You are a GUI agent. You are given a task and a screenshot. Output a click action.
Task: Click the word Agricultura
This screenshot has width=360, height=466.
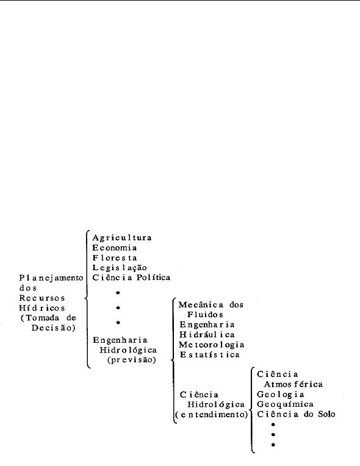pos(122,238)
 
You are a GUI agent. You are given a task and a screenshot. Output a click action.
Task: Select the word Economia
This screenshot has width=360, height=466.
pos(115,248)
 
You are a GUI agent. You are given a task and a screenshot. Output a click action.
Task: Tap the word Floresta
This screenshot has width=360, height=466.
pos(115,257)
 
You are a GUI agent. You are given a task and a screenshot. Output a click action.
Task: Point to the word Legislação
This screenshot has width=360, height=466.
pos(120,268)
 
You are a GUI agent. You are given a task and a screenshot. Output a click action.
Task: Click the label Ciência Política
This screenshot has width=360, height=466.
pos(131,278)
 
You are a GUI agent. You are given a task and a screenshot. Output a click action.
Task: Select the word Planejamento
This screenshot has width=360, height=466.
pos(51,278)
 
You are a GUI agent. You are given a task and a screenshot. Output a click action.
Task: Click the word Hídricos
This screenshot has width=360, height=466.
pos(42,307)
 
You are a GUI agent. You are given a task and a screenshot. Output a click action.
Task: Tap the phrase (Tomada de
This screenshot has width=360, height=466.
pos(48,318)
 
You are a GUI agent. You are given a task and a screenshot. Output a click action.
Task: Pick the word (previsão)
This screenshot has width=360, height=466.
pos(131,360)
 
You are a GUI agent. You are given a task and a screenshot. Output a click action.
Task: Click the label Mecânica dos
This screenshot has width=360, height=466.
pos(211,304)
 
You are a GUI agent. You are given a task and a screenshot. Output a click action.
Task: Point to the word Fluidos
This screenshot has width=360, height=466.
pos(205,315)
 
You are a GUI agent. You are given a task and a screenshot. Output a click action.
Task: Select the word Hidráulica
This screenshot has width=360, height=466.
pos(207,335)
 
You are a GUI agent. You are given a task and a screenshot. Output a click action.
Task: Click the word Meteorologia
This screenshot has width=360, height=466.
pos(211,345)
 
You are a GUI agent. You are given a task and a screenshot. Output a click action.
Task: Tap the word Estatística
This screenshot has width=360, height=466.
pos(209,354)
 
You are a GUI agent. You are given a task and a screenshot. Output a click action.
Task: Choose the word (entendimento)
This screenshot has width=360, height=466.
pos(211,414)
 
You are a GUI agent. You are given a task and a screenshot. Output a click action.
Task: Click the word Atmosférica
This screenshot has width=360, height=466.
pos(293,384)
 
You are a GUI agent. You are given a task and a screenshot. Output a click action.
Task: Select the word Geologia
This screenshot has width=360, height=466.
pos(280,395)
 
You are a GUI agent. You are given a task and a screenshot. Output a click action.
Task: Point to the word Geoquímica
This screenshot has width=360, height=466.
pos(285,404)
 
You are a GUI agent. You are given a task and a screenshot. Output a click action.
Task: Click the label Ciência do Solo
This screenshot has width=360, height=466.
pos(296,414)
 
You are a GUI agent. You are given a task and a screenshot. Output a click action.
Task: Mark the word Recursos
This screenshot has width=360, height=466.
pos(42,298)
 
